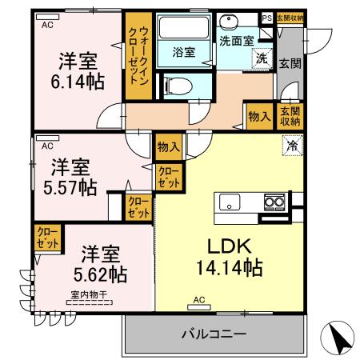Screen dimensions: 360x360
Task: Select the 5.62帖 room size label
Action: [x=99, y=274]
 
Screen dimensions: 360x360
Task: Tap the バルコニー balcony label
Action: [x=213, y=332]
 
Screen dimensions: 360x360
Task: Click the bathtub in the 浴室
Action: [x=182, y=38]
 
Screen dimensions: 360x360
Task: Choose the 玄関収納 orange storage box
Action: [x=290, y=117]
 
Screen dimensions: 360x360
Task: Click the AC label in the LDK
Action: [x=198, y=302]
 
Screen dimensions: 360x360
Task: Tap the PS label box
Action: [x=266, y=17]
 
